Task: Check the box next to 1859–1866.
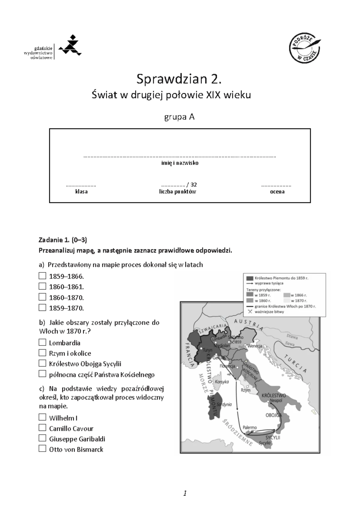tap(42, 276)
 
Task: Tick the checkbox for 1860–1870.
tap(42, 297)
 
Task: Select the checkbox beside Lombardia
tap(42, 342)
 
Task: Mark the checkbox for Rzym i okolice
tap(42, 353)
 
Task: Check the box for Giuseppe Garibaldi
tap(42, 438)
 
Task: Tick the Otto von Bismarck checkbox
tap(42, 449)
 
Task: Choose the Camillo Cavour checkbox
tap(42, 428)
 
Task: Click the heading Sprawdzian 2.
tap(180, 79)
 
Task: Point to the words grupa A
tap(179, 117)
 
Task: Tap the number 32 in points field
tap(193, 185)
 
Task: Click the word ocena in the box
tap(277, 191)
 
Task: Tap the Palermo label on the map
tap(250, 427)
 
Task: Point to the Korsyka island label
tap(222, 382)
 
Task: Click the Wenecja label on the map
tap(255, 346)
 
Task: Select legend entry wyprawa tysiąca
tap(268, 283)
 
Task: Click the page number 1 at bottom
tap(185, 493)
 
